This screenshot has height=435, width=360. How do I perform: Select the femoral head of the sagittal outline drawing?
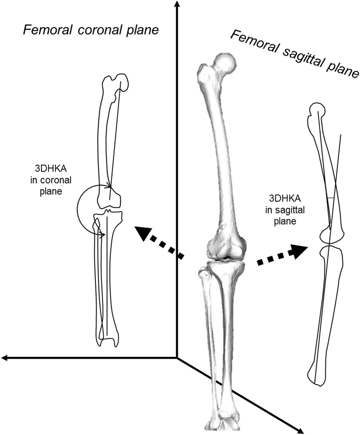coord(318,109)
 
